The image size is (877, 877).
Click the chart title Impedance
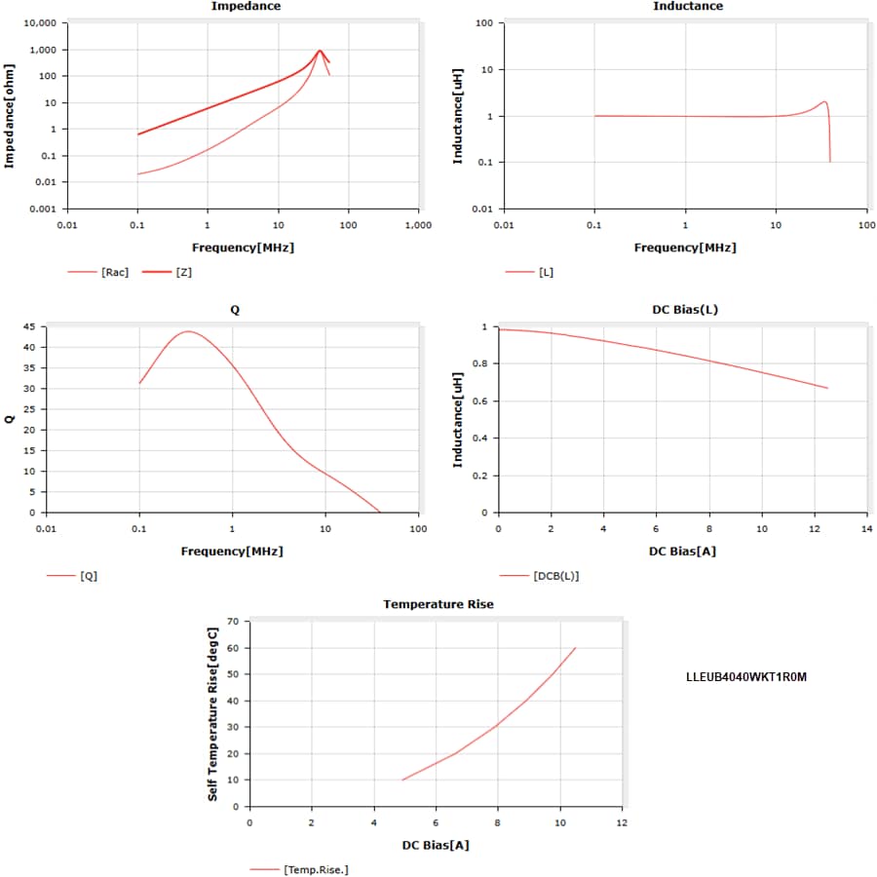click(246, 7)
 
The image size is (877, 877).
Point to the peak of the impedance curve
click(319, 51)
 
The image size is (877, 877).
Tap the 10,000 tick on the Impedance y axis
click(38, 22)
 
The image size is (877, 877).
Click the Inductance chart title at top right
click(687, 7)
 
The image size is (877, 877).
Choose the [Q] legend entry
click(89, 575)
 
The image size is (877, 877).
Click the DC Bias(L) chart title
click(685, 310)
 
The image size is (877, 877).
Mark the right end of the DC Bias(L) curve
click(827, 388)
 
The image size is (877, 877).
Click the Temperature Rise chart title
click(438, 604)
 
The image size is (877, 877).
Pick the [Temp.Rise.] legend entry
click(315, 869)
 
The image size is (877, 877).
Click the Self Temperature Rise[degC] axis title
click(212, 713)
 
